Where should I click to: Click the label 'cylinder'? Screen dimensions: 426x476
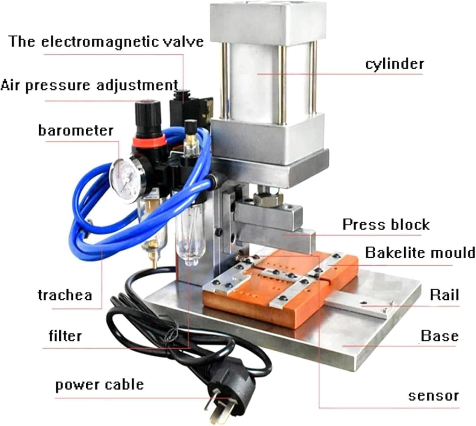pyautogui.click(x=394, y=64)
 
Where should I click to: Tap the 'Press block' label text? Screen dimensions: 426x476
pyautogui.click(x=386, y=225)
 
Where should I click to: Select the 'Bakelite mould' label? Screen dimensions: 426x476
pyautogui.click(x=420, y=253)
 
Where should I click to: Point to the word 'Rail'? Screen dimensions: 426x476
pyautogui.click(x=444, y=295)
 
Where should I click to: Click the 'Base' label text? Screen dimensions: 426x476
pyautogui.click(x=440, y=336)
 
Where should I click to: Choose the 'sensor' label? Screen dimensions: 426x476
pyautogui.click(x=433, y=396)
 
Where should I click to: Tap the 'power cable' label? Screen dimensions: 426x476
pyautogui.click(x=99, y=385)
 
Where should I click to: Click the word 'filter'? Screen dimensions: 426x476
pyautogui.click(x=65, y=335)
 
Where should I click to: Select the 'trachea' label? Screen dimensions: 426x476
pyautogui.click(x=65, y=295)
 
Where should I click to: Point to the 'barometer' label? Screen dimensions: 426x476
pyautogui.click(x=76, y=131)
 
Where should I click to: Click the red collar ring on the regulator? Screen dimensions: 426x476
pyautogui.click(x=149, y=142)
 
